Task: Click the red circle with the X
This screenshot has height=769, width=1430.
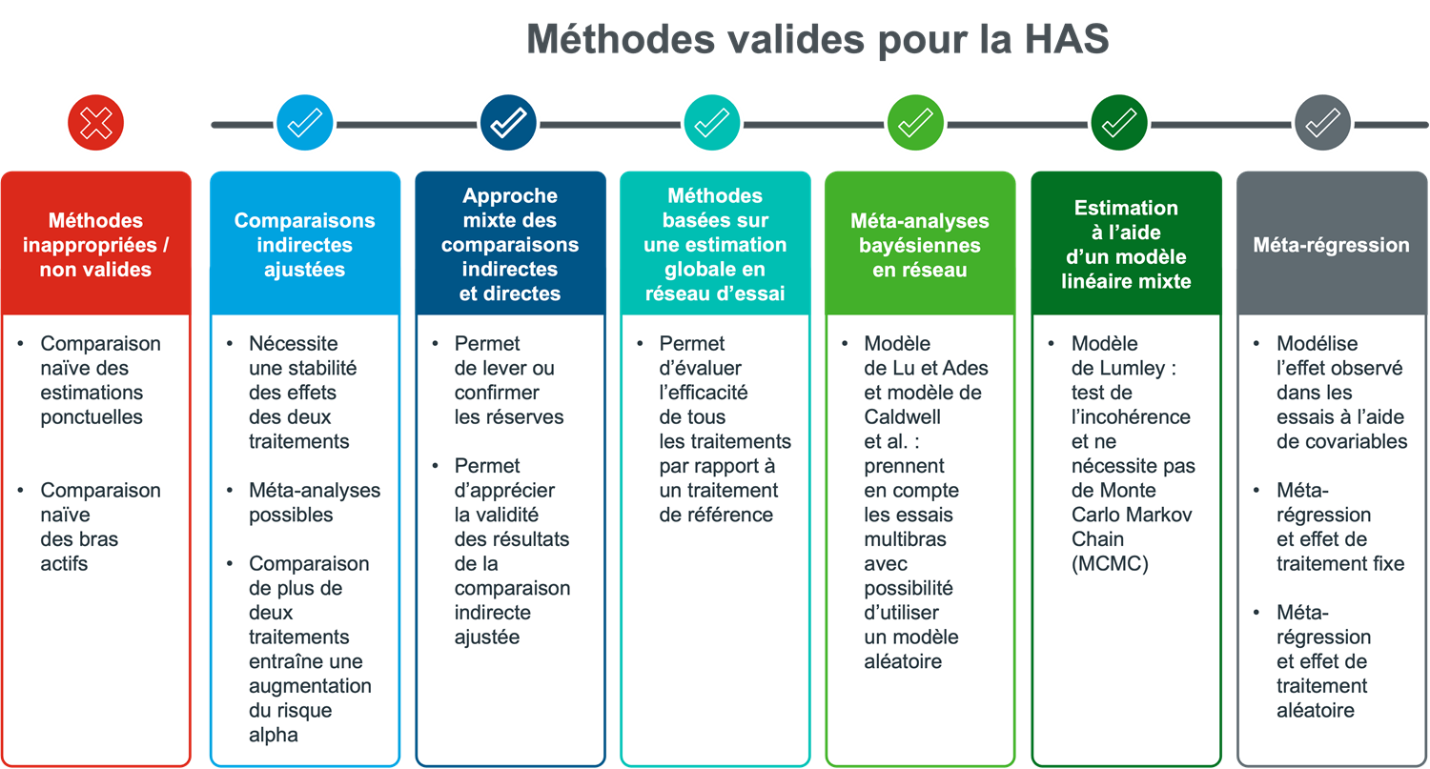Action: coord(95,123)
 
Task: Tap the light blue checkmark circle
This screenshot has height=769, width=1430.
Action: coord(304,123)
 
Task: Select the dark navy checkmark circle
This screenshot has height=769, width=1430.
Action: coord(508,123)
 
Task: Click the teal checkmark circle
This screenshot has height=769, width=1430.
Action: coord(712,123)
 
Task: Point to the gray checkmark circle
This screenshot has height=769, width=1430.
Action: coord(1323,123)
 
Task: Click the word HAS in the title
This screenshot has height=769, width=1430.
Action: coord(1067,39)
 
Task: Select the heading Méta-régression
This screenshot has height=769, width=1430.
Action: coord(1331,245)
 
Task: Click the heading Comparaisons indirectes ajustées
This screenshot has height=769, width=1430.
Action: coord(304,245)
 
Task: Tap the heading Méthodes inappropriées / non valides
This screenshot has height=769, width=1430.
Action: coord(95,245)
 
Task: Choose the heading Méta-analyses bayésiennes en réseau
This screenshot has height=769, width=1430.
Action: coord(919,246)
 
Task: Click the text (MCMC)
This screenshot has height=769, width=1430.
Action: coord(1110,564)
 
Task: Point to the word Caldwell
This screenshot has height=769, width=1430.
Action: coord(902,417)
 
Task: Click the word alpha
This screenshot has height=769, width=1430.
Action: coord(274,736)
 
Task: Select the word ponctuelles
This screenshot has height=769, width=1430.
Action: coord(92,417)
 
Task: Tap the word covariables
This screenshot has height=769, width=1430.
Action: coord(1341,441)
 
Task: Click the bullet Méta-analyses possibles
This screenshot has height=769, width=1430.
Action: coord(314,502)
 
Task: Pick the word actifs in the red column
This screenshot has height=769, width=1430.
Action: coord(64,564)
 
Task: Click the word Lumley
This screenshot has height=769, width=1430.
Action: coord(1131,369)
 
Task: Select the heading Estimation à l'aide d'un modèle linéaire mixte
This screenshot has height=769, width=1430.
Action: coord(1126,244)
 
